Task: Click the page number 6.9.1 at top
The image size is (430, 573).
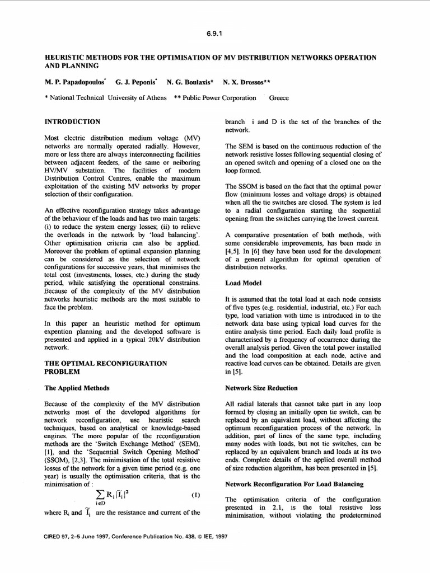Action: coord(215,32)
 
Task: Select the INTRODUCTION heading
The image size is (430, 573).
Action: coord(72,121)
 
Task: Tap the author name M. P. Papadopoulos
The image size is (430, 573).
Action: coord(76,82)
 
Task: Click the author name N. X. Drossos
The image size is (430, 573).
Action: coord(246,82)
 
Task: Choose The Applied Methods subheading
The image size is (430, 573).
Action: coord(77,387)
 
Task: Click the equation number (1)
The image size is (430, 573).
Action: coord(196,496)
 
